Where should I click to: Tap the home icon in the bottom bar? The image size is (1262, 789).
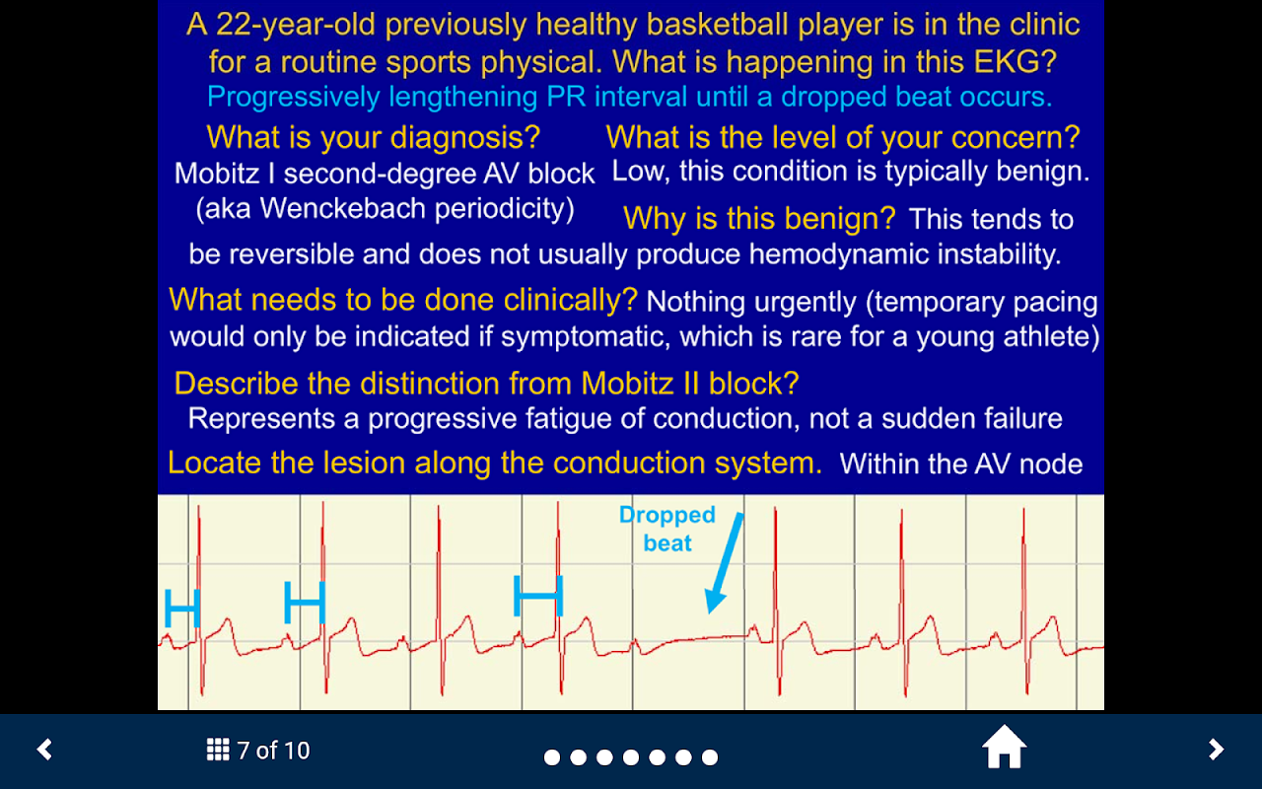point(1004,747)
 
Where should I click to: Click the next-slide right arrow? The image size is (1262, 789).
point(1217,750)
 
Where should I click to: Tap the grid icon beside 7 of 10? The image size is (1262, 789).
point(218,750)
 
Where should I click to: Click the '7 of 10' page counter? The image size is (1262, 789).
point(273,751)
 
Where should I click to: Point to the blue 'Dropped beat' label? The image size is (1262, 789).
point(667,529)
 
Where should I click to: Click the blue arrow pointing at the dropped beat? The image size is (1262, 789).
point(725,563)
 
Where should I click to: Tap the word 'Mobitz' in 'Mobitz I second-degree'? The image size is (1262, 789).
point(217,173)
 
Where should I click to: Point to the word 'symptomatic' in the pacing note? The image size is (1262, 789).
point(586,337)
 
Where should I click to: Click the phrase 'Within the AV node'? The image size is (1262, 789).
point(961,464)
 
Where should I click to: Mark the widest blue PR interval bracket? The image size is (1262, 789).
point(538,595)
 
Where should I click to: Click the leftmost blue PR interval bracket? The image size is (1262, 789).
point(182,608)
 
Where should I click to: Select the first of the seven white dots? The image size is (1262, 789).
point(552,757)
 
